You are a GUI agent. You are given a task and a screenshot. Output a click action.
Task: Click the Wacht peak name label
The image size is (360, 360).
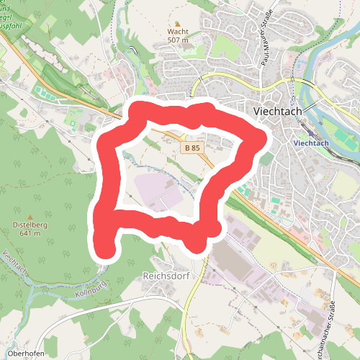(x=178, y=32)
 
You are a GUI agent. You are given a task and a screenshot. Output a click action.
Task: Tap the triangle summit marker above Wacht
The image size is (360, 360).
(x=178, y=23)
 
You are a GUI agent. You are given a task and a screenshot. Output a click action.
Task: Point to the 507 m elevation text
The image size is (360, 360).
(x=178, y=40)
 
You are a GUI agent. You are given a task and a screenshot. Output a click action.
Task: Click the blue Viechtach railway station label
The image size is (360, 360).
(x=312, y=143)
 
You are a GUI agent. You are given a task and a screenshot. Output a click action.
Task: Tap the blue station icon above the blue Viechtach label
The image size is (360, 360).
(x=311, y=133)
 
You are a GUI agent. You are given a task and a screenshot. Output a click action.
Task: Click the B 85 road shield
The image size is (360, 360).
(x=192, y=148)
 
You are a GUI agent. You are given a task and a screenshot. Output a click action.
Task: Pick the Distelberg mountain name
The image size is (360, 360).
(x=30, y=225)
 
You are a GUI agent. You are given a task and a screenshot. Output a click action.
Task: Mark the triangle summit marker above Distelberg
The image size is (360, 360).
(x=30, y=216)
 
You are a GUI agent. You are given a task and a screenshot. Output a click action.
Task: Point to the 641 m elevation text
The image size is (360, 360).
(x=30, y=233)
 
